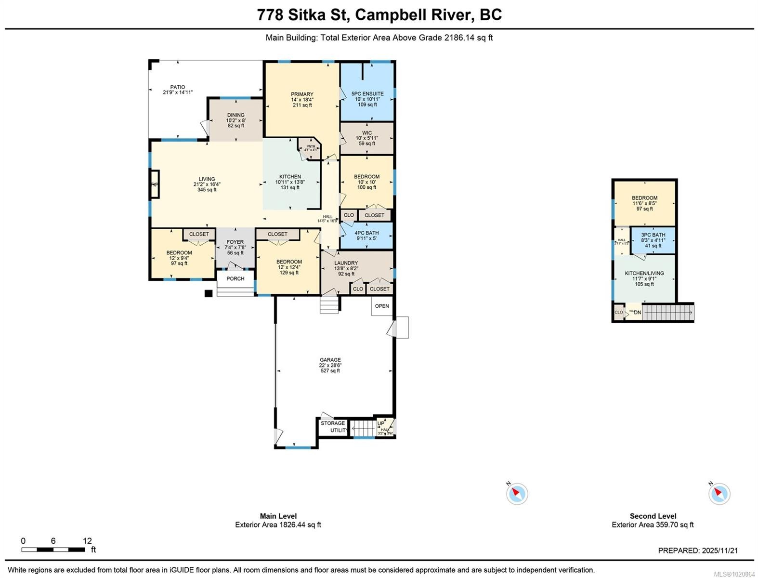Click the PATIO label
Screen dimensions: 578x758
[x=177, y=87]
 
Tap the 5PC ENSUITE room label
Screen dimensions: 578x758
[x=367, y=94]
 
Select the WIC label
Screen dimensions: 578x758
[x=367, y=133]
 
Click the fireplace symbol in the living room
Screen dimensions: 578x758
[x=155, y=184]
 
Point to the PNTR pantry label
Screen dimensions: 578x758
[x=311, y=146]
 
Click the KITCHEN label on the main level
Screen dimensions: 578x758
[x=290, y=177]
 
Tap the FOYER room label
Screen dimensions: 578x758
[x=235, y=242]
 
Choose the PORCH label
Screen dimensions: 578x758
[x=235, y=278]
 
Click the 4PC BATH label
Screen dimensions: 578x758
[x=367, y=233]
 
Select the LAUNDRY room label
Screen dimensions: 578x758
[x=346, y=263]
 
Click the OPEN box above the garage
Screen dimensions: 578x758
[x=382, y=306]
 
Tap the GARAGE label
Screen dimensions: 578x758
[x=330, y=360]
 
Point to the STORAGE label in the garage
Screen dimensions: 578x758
[x=333, y=423]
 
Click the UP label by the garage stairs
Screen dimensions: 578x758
[x=381, y=423]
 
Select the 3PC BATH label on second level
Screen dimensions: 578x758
[x=653, y=235]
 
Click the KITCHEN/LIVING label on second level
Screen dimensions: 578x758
[x=644, y=273]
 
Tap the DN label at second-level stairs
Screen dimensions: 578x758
[x=638, y=313]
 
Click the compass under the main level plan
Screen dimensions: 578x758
[x=517, y=494]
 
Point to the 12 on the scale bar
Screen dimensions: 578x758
[x=87, y=541]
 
